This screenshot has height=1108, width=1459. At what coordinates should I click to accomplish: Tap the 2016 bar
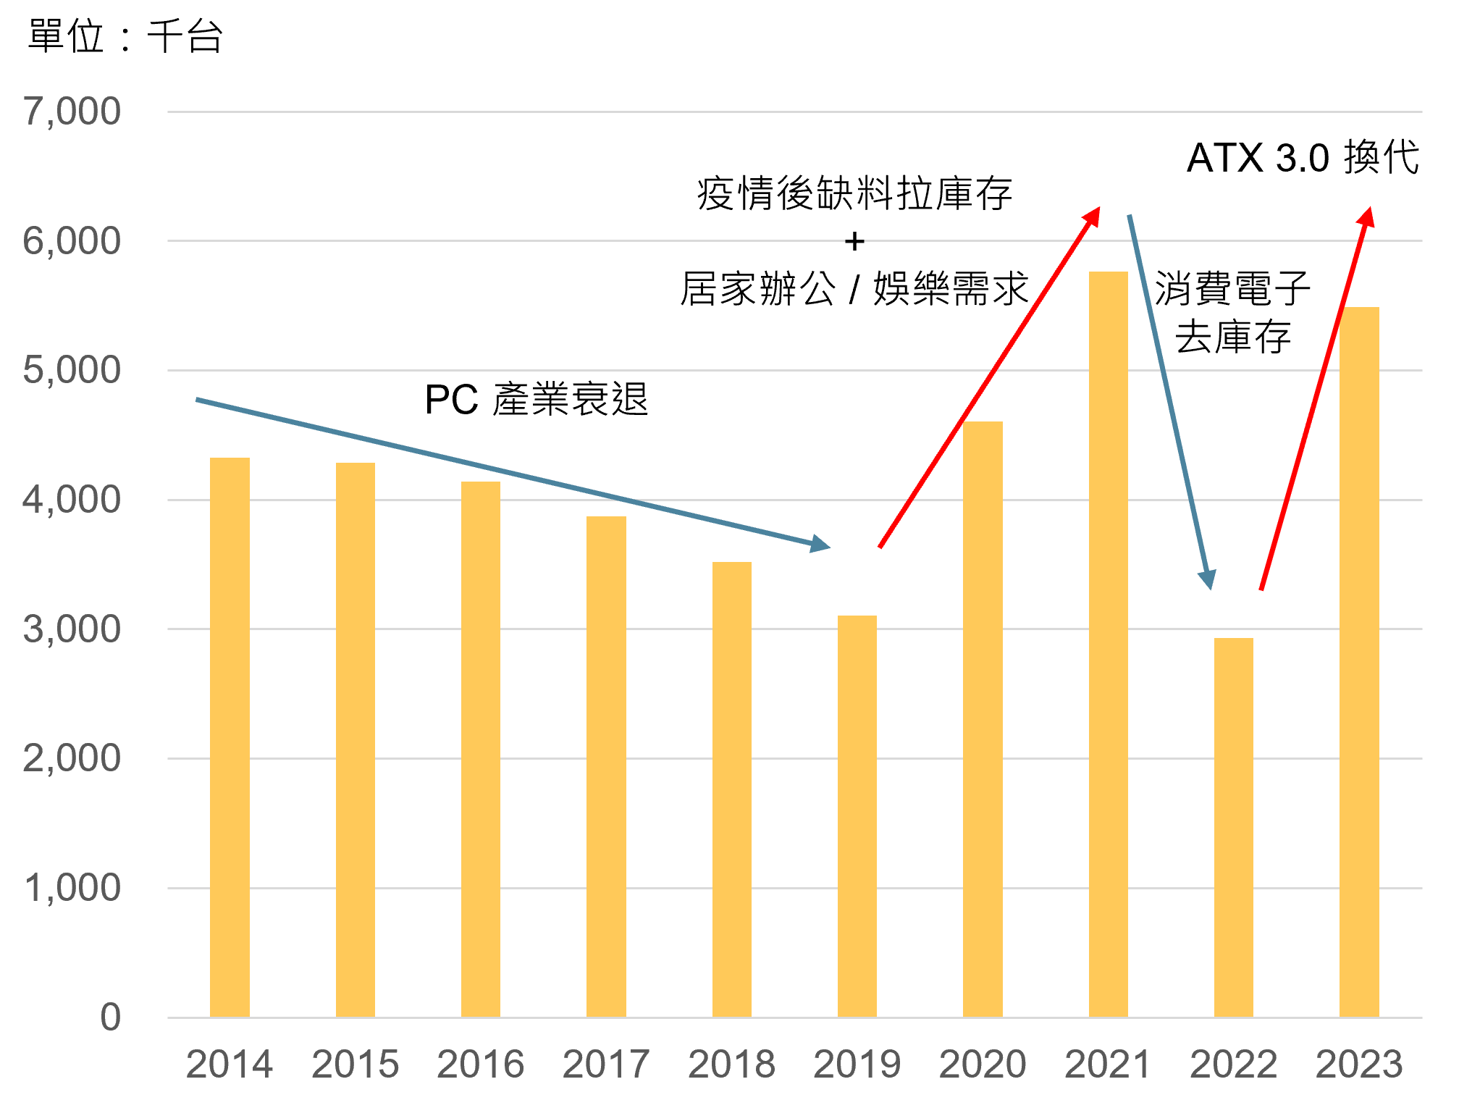coord(481,750)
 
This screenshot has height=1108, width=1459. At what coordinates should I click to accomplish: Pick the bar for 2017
coord(606,767)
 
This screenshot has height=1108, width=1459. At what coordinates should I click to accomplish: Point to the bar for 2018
coord(731,789)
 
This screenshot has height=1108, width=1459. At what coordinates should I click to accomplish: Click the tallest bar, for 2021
coord(1108,645)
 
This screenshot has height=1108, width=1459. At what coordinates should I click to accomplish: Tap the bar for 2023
coord(1359,662)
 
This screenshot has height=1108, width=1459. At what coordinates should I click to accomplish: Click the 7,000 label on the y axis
coord(72,112)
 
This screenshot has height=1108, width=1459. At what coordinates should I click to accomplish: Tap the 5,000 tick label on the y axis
coord(72,370)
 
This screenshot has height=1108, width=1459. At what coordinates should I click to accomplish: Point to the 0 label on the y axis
coord(110,1017)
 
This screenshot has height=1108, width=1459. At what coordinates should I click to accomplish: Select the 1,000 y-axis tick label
coord(72,888)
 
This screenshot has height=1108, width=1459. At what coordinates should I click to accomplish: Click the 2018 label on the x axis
coord(731,1065)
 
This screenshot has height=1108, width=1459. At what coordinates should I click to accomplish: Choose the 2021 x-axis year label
coord(1108,1065)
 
